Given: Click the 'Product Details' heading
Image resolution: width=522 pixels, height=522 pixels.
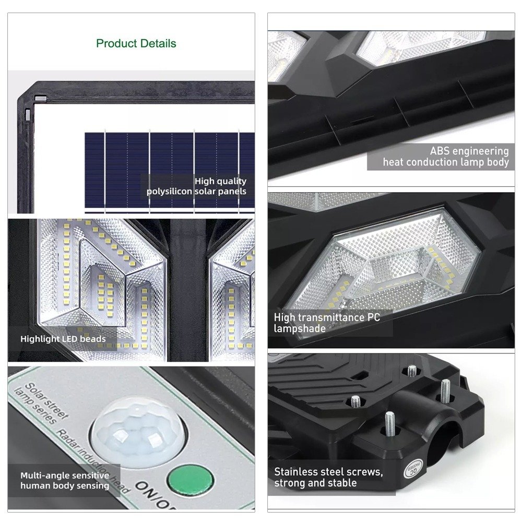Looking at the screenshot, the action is coord(136,43).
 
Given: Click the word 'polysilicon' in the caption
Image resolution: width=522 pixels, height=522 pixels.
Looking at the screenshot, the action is coord(169,192).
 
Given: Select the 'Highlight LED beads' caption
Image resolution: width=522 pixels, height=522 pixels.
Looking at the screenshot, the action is coord(63,339).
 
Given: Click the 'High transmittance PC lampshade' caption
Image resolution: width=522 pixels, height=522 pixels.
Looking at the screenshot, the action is coord(327,323).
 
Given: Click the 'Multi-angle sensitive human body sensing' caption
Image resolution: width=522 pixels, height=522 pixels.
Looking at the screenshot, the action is coord(65,480).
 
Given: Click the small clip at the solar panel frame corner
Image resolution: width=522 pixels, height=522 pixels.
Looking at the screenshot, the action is coord(40,99).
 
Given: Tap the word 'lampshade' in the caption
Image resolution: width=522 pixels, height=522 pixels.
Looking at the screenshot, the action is coord(300,328).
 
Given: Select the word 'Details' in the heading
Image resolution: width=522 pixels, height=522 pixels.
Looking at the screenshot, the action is coord(158,43).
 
